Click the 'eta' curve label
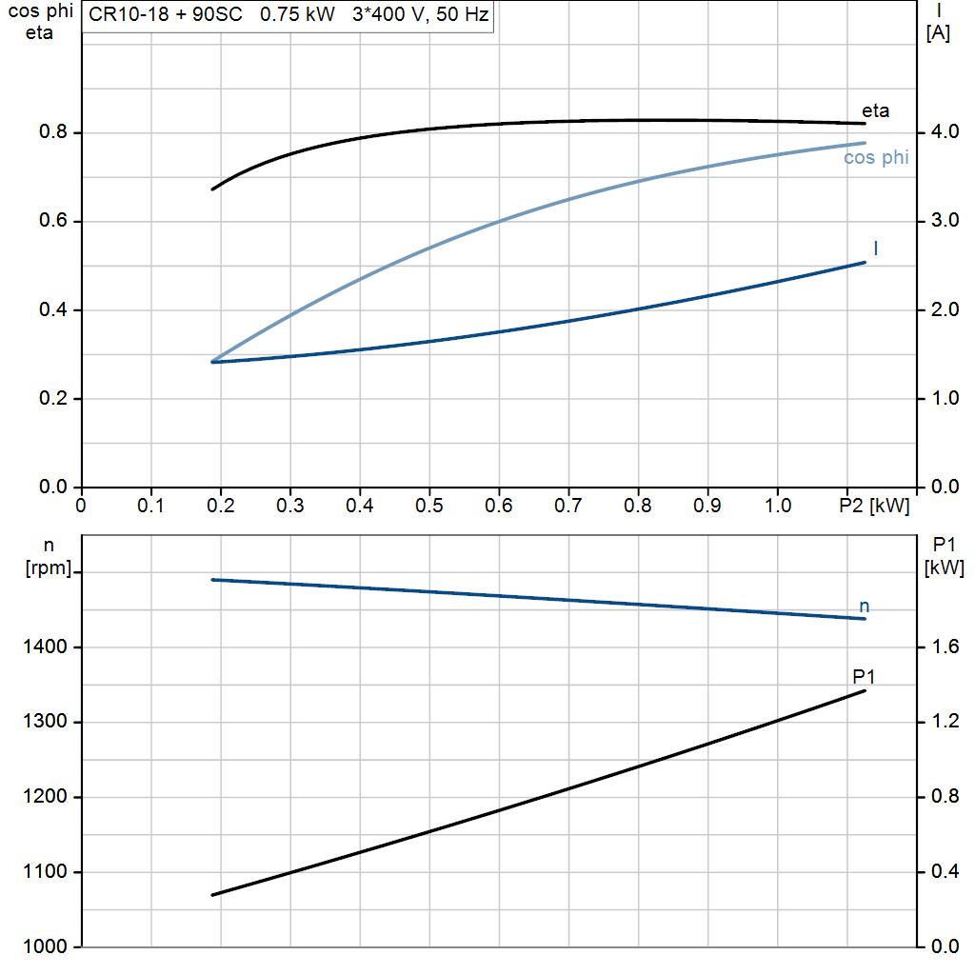(x=875, y=110)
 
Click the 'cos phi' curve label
(x=875, y=158)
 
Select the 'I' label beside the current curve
(x=875, y=249)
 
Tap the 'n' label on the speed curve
(x=864, y=607)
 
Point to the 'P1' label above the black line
(x=864, y=677)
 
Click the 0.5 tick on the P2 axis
(x=429, y=505)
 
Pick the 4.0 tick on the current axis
(x=944, y=132)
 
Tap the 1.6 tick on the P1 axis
(x=944, y=647)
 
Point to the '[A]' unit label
(x=938, y=32)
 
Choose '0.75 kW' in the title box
(x=297, y=16)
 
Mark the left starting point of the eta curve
(x=212, y=189)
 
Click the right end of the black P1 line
(x=865, y=690)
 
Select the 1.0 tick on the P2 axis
(x=778, y=505)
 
